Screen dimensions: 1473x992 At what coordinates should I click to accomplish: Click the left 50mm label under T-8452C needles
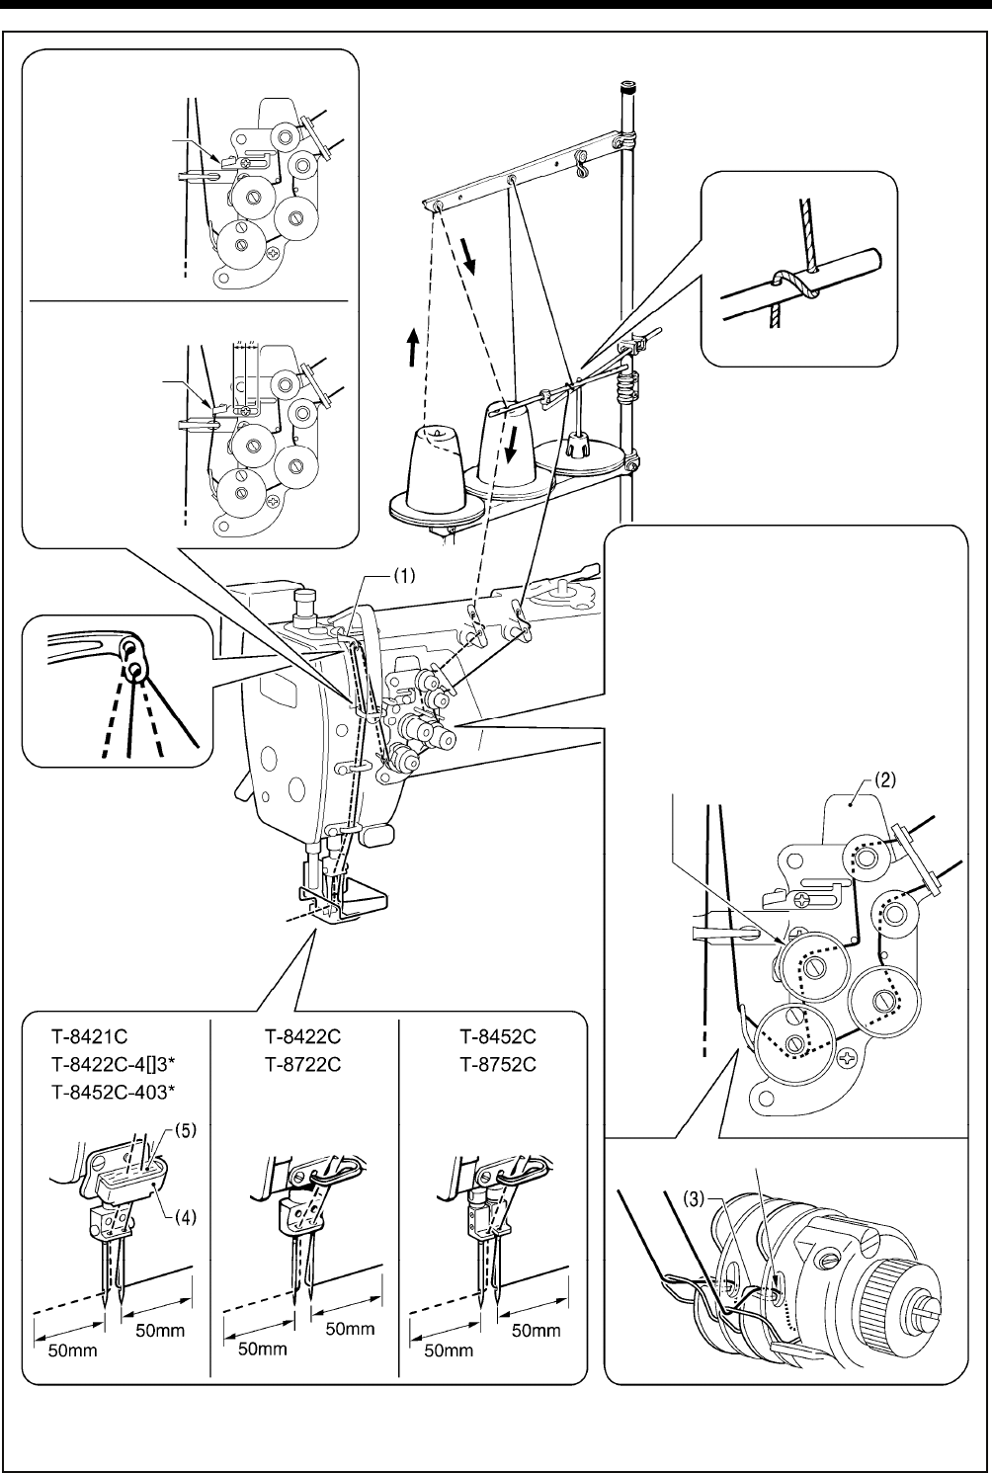pyautogui.click(x=444, y=1350)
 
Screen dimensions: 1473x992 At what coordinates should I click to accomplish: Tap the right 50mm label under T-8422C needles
pyautogui.click(x=350, y=1329)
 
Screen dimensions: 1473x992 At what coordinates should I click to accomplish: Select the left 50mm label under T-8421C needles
pyautogui.click(x=73, y=1350)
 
